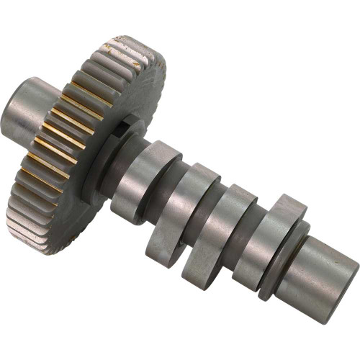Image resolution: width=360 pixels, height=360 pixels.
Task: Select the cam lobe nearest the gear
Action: [x=144, y=180]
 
